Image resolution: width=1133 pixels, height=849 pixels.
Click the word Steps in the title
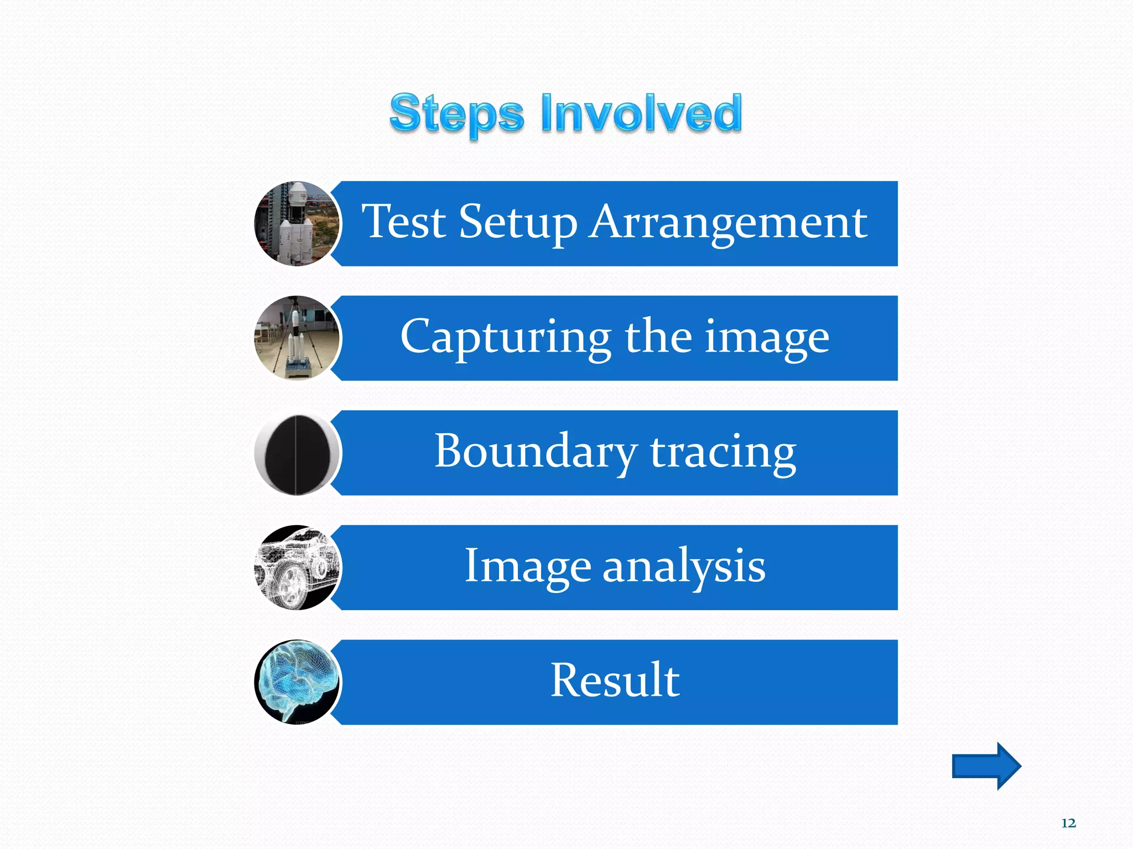click(x=456, y=114)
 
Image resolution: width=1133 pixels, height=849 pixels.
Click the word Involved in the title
click(x=641, y=113)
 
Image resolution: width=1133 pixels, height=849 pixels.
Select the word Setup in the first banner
click(x=518, y=223)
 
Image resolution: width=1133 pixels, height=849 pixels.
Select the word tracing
click(x=723, y=453)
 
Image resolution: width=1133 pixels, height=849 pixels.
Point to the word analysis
click(x=683, y=566)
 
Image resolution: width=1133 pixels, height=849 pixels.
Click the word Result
click(x=615, y=680)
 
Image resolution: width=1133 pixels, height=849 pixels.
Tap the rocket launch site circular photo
click(x=297, y=224)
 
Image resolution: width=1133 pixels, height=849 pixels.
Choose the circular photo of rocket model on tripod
click(x=297, y=338)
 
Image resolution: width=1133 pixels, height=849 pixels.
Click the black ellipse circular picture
click(x=297, y=453)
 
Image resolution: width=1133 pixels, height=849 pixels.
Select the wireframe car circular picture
click(x=297, y=568)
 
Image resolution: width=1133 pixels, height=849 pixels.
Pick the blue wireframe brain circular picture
click(x=297, y=682)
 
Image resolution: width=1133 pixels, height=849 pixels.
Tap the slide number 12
click(x=1068, y=823)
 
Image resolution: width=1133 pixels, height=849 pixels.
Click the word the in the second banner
click(x=658, y=337)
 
